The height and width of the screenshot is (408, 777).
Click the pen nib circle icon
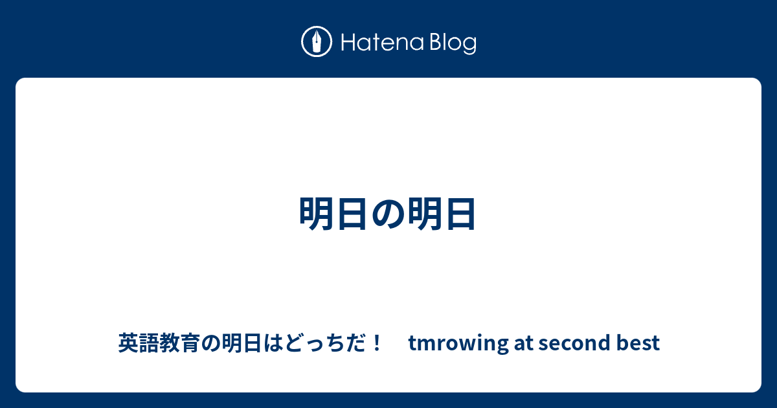pyautogui.click(x=317, y=43)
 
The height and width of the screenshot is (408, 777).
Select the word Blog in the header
pyautogui.click(x=451, y=44)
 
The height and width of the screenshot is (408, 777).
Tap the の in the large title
pyautogui.click(x=388, y=214)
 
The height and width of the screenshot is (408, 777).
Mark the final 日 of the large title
pyautogui.click(x=459, y=214)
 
